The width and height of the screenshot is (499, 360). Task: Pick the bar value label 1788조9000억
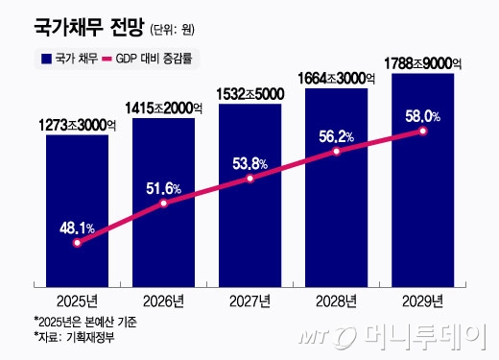[x=422, y=64]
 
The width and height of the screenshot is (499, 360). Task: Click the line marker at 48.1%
[x=77, y=243]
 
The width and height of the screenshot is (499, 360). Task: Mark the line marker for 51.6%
[x=164, y=204]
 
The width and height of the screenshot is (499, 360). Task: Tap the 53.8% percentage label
[x=249, y=162]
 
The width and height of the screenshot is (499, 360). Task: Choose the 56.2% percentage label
[x=336, y=136]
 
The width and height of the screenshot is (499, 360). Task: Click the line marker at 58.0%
[x=423, y=132]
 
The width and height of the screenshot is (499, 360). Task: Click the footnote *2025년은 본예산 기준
[x=84, y=323]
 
